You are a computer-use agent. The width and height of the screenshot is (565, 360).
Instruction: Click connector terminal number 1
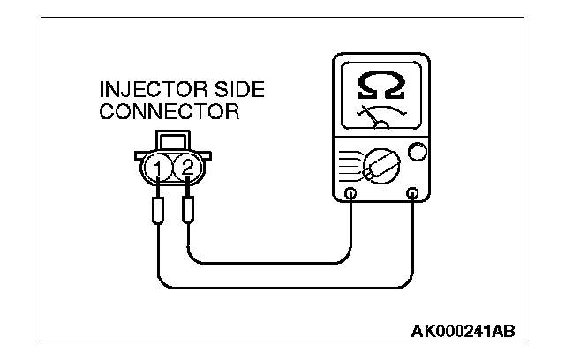click(157, 166)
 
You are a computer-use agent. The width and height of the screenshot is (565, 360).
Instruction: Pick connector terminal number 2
click(186, 166)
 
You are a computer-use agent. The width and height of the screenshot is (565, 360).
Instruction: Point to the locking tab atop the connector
click(172, 141)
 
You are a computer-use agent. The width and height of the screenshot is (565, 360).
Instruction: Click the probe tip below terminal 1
click(157, 212)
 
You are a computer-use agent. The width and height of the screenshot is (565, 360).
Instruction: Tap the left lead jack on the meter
click(350, 193)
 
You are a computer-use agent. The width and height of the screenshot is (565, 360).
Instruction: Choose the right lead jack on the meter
click(411, 193)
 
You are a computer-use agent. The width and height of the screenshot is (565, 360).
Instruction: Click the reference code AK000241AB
click(463, 333)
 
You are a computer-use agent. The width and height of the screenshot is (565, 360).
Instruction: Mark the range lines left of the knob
click(350, 164)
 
